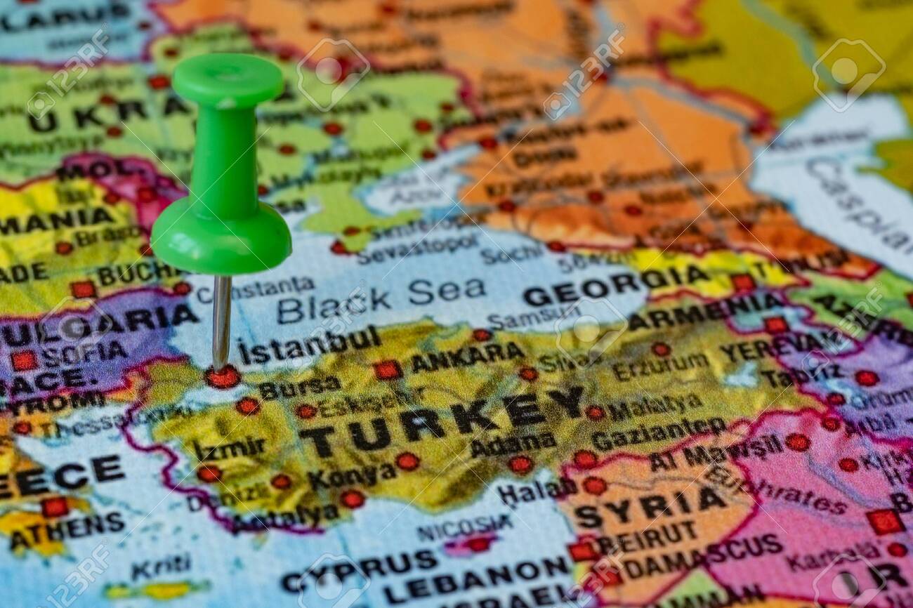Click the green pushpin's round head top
click(x=228, y=79)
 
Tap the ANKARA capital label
click(x=466, y=358)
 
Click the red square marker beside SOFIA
click(x=23, y=360)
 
